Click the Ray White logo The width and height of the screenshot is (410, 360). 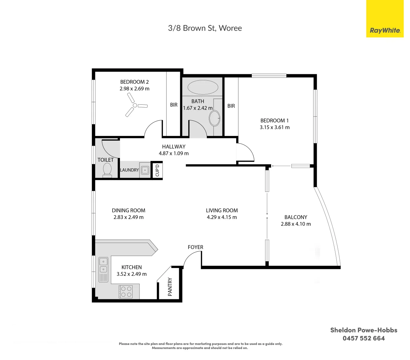(385, 19)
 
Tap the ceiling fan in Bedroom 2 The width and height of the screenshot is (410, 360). (135, 105)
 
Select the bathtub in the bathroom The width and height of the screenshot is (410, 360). (203, 87)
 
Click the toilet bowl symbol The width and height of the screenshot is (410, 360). (107, 170)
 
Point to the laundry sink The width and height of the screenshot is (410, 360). (145, 170)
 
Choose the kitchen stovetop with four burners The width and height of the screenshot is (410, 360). (126, 292)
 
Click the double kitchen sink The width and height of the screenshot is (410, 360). (103, 269)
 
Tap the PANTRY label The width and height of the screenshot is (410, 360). (170, 287)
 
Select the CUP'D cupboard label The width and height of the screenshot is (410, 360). (157, 170)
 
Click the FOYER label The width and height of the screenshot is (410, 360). (195, 247)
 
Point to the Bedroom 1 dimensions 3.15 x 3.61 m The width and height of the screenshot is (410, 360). (275, 127)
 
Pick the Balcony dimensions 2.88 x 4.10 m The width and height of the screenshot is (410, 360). (296, 224)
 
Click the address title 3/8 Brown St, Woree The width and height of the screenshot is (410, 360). (205, 28)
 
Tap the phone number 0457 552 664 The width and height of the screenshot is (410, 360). (364, 338)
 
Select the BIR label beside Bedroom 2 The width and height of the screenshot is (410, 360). (174, 105)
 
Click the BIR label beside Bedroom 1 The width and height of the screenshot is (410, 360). (231, 106)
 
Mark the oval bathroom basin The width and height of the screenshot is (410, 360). (214, 118)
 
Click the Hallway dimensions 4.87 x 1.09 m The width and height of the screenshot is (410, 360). (174, 153)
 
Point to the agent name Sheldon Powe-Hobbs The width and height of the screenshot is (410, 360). (364, 330)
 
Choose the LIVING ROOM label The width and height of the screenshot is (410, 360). (222, 210)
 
